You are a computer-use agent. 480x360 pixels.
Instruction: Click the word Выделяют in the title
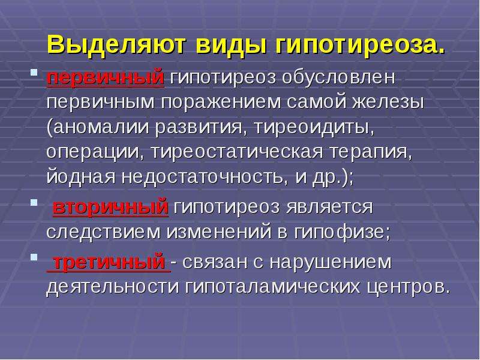(116, 46)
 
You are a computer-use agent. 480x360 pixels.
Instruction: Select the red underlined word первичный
(106, 78)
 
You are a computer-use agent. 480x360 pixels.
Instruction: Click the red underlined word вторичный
(110, 207)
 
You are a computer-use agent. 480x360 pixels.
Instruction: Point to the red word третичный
(109, 262)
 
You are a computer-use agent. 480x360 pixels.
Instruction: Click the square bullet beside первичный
(34, 73)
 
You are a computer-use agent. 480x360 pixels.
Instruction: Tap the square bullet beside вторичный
(34, 202)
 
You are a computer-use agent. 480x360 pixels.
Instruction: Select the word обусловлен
(338, 77)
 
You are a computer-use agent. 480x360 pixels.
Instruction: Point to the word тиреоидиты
(314, 128)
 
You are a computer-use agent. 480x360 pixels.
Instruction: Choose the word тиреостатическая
(237, 152)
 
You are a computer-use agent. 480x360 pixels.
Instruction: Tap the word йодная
(80, 177)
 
